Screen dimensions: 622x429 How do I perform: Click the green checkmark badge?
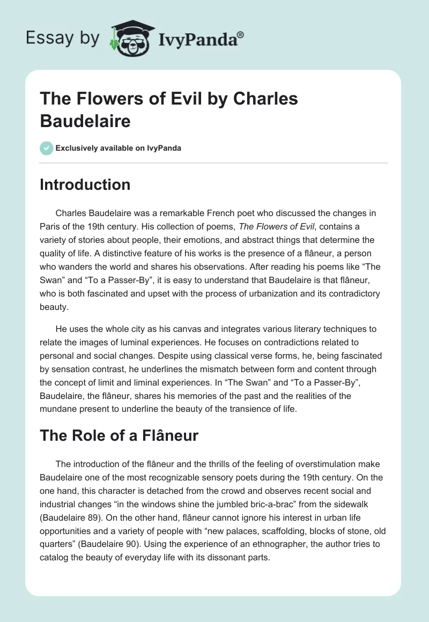point(47,148)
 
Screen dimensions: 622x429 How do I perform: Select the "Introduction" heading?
point(85,184)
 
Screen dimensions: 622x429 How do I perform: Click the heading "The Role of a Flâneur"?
point(119,435)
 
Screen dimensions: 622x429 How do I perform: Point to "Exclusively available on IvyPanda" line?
point(118,148)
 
